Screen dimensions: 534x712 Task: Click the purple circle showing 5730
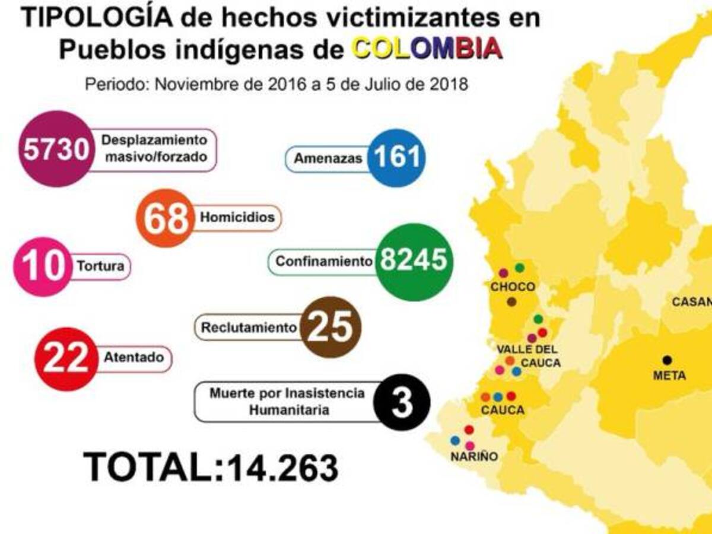coord(56,149)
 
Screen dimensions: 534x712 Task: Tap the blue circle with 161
coord(396,157)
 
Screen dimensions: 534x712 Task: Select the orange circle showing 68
coord(166,218)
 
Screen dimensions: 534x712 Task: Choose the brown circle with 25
coord(330,327)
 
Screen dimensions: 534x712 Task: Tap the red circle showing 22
coord(65,358)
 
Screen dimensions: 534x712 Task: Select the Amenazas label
coord(328,159)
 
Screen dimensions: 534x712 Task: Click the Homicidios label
coord(237,217)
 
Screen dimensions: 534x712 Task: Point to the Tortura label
coord(101,266)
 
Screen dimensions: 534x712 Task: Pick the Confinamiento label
coord(323,261)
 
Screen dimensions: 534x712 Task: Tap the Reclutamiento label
coord(248,327)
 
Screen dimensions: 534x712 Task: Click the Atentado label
coord(133,358)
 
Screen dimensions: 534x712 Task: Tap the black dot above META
coord(667,360)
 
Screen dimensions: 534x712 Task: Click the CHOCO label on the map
coord(513,287)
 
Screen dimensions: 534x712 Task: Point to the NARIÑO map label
coord(473,457)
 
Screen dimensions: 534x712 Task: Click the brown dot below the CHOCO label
coord(511,301)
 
